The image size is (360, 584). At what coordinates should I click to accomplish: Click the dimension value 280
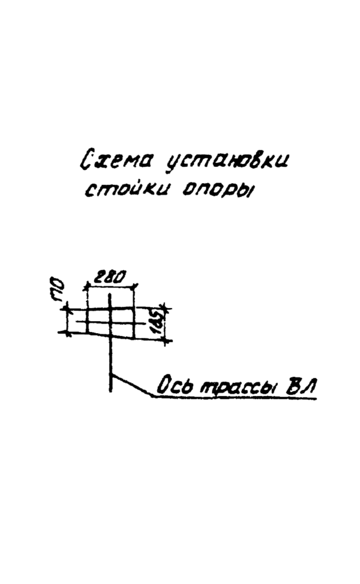click(x=109, y=277)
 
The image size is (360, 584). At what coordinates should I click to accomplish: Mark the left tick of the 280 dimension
click(x=87, y=287)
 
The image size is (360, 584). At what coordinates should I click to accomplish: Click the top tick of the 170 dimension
click(x=67, y=309)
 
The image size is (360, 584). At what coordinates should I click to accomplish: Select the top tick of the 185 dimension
click(x=166, y=309)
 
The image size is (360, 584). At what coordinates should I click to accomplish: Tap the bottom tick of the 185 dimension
click(x=166, y=340)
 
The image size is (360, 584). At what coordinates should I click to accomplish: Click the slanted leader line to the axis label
click(x=131, y=385)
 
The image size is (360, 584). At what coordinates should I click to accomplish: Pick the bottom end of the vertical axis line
click(x=110, y=391)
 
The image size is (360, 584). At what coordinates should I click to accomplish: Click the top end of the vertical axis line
click(x=109, y=294)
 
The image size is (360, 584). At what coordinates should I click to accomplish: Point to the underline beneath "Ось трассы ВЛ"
click(x=234, y=397)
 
